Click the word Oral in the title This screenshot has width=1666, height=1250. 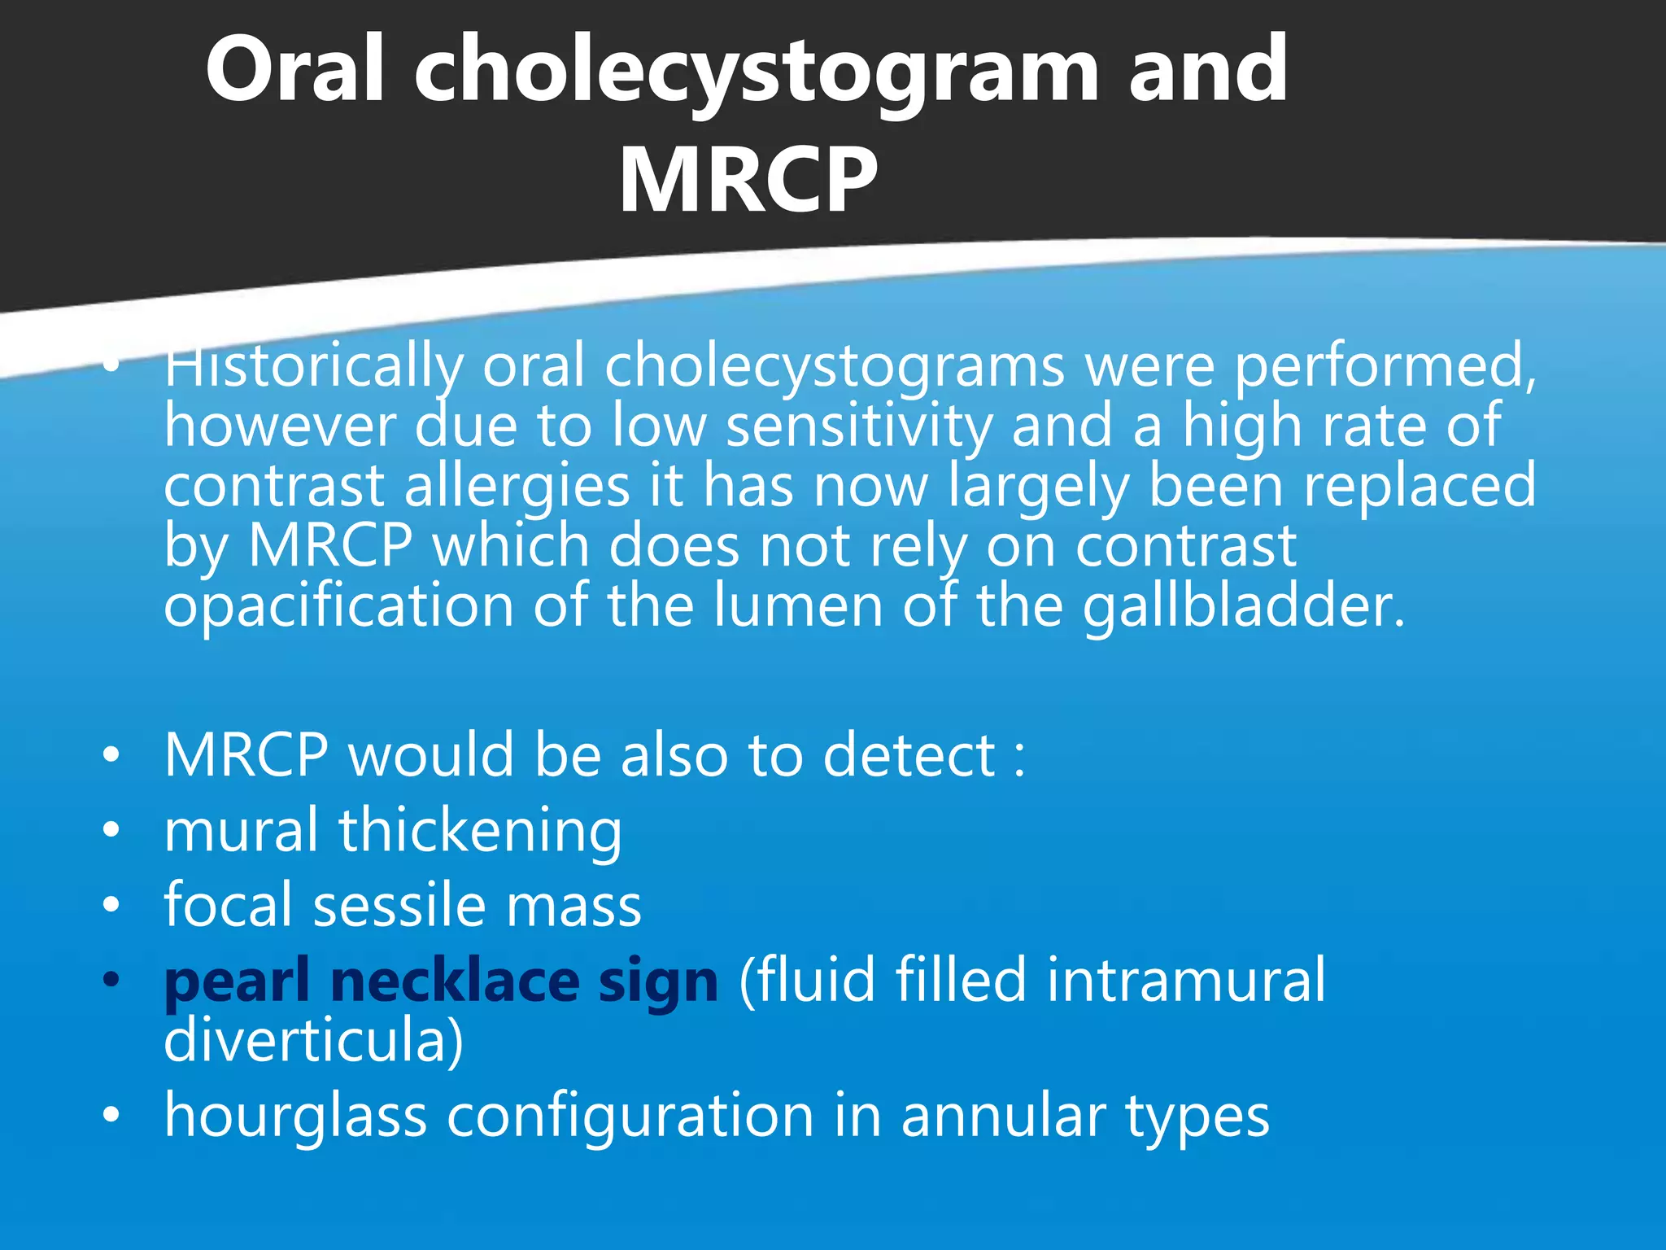(x=294, y=71)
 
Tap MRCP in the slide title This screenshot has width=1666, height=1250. (x=748, y=181)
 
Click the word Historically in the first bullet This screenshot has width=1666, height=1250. (x=313, y=366)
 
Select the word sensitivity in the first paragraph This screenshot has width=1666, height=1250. (x=858, y=426)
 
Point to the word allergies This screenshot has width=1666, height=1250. (x=517, y=487)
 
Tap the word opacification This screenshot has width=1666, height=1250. (x=338, y=607)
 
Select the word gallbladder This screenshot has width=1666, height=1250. (x=1244, y=607)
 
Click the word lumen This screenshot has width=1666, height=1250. (x=798, y=607)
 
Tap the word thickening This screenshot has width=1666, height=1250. (x=480, y=832)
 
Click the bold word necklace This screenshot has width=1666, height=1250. (x=455, y=981)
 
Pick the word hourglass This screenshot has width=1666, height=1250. (x=295, y=1117)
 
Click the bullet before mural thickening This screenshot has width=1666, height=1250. (x=111, y=830)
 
